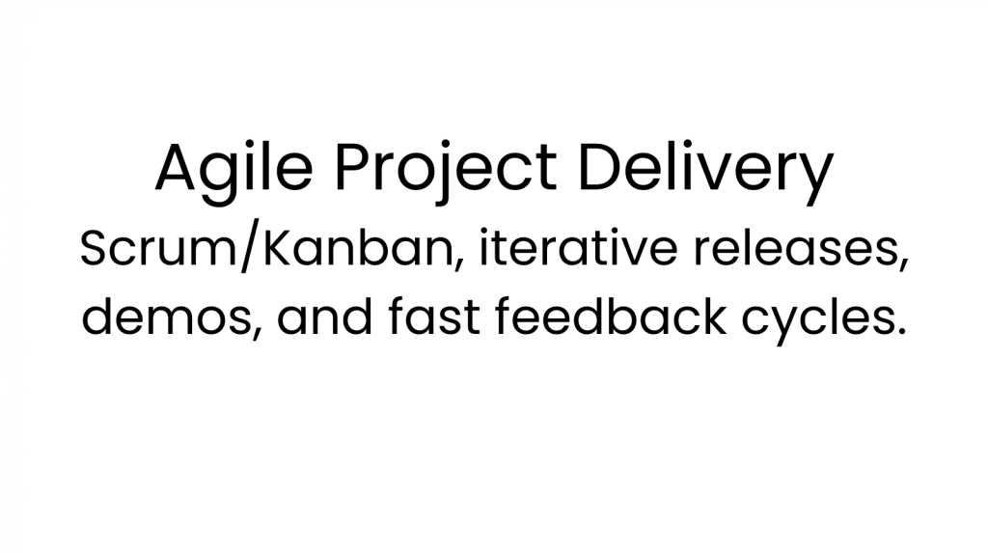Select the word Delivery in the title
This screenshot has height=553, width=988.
click(x=705, y=169)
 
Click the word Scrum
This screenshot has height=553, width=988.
click(x=157, y=248)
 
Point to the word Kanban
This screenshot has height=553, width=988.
click(x=358, y=248)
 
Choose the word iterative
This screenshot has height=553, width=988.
click(x=579, y=247)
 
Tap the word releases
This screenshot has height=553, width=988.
click(x=797, y=248)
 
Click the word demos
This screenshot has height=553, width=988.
click(x=166, y=316)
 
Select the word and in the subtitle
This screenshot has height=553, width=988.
click(x=324, y=316)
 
